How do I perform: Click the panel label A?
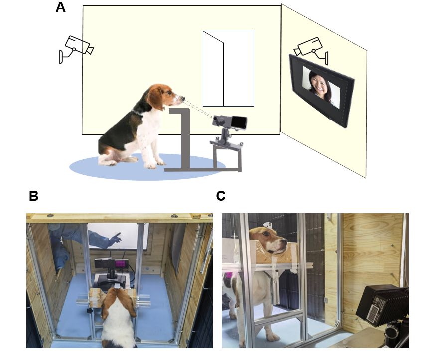coord(60,7)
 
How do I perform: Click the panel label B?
coord(33,196)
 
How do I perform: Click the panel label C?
coord(221,196)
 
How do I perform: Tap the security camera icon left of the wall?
coord(76,49)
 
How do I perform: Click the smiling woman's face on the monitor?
coord(319,84)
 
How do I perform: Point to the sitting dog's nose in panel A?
coord(182,99)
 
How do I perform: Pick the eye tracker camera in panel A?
coord(230,122)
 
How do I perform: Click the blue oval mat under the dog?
coord(147,167)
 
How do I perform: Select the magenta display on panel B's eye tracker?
coord(120,264)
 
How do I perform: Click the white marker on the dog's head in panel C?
coord(267,225)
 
